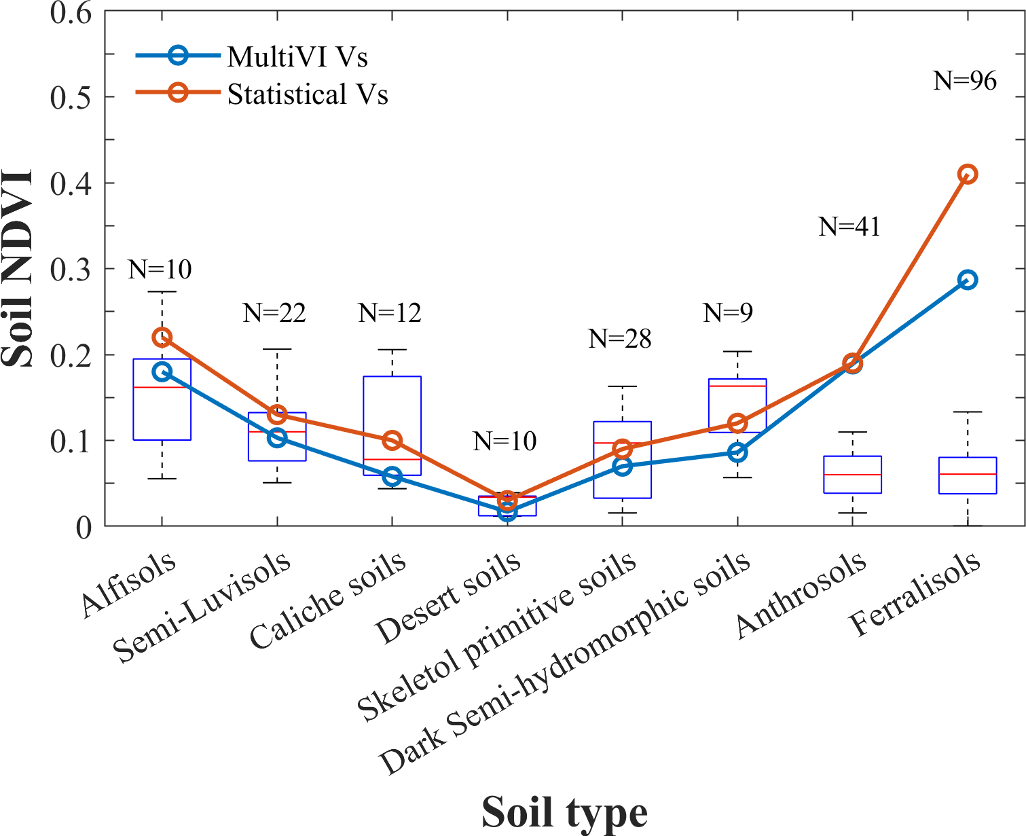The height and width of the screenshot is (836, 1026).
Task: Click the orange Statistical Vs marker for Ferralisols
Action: tap(968, 175)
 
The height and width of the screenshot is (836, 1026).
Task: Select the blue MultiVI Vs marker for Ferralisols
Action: tap(968, 280)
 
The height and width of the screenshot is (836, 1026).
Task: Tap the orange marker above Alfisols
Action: tap(162, 338)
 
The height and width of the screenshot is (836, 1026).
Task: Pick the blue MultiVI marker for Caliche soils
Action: tap(392, 476)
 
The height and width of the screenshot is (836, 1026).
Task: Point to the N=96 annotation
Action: tap(965, 81)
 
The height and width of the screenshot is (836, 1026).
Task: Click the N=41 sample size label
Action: tap(849, 227)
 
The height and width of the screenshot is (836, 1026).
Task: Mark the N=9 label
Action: tap(728, 312)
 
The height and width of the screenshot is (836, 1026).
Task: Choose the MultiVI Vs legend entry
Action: tap(297, 57)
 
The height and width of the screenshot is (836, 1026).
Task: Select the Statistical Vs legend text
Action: tap(308, 94)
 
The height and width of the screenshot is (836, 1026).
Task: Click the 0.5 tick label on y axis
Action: tap(71, 97)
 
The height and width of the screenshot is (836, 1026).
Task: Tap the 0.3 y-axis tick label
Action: tap(71, 269)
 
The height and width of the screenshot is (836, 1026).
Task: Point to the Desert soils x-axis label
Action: tap(449, 598)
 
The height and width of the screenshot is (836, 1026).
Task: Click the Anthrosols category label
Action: tap(801, 594)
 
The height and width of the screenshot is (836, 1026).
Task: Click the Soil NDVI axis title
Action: tap(18, 269)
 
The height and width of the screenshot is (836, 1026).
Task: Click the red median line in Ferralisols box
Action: tap(968, 474)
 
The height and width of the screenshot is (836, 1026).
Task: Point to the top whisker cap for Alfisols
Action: tap(162, 292)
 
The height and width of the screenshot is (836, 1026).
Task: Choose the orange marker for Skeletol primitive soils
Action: tap(623, 449)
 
